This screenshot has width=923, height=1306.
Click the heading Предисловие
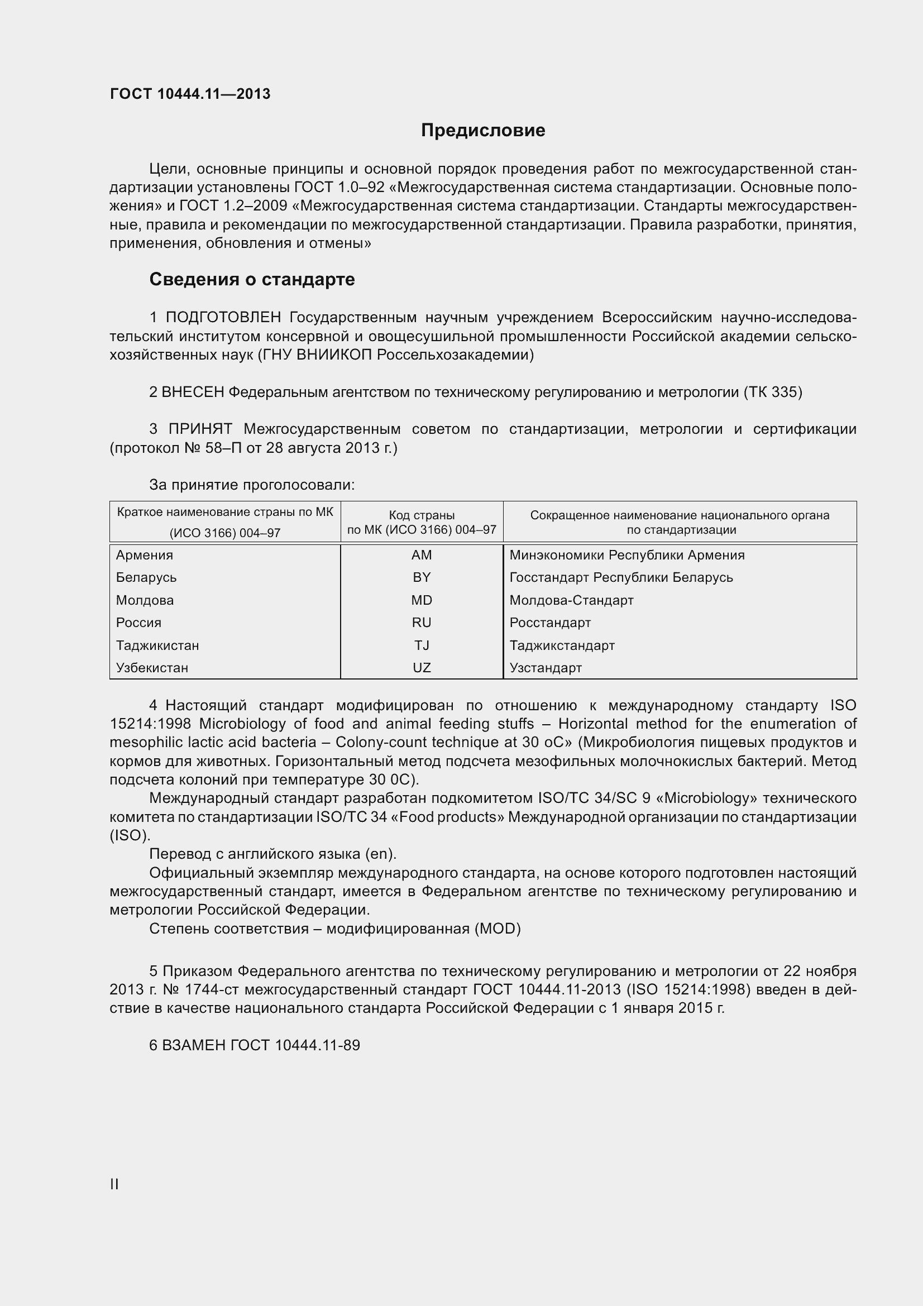483,130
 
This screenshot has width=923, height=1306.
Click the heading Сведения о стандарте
251,279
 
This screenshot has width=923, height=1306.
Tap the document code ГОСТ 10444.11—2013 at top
190,94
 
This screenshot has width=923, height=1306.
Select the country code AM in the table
422,554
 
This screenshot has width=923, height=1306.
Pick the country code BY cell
422,577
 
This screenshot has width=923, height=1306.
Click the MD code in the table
422,600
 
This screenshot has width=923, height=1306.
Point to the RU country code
422,622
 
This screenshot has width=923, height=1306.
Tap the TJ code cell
422,645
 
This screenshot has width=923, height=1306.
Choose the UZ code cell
422,667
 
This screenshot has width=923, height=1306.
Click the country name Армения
145,554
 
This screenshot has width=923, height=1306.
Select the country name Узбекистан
152,667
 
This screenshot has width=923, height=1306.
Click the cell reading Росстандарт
549,622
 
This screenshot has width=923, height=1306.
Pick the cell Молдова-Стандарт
571,600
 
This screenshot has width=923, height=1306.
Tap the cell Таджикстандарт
562,645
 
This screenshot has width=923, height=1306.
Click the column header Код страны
422,515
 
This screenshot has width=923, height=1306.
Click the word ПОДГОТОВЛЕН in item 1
223,317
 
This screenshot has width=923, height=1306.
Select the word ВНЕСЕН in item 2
193,392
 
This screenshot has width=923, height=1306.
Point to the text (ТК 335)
772,392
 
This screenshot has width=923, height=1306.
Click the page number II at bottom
114,1184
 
